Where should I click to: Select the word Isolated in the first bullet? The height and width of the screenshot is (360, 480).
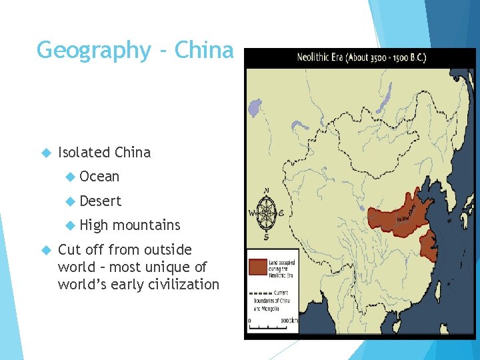[85, 152]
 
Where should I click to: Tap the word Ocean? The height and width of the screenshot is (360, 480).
[99, 177]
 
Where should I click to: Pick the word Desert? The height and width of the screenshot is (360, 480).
[101, 201]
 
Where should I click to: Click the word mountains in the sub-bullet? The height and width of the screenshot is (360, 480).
[146, 225]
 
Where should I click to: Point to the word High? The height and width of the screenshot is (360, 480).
[93, 225]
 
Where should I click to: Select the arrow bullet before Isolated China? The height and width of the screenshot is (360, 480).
[46, 153]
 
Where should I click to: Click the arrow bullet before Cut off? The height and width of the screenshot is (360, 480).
[46, 250]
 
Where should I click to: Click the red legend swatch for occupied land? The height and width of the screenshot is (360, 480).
[257, 267]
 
